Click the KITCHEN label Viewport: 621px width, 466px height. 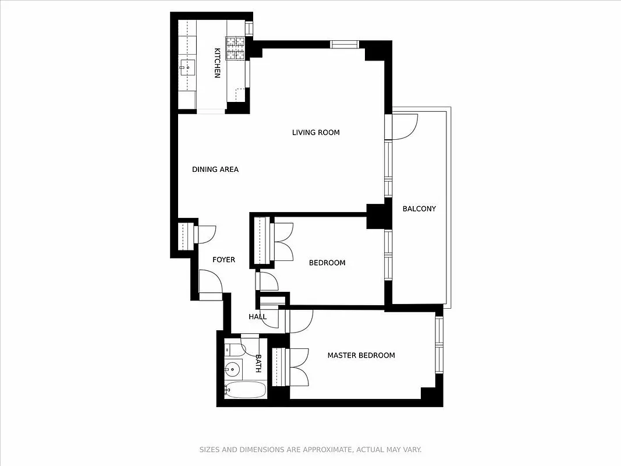click(217, 63)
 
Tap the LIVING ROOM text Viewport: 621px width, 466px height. click(315, 133)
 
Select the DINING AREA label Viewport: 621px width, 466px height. click(215, 170)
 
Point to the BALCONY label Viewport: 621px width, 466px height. click(419, 209)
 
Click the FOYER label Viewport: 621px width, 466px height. click(223, 259)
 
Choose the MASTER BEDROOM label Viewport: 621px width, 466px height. click(361, 355)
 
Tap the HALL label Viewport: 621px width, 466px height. click(257, 317)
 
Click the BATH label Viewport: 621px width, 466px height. click(258, 363)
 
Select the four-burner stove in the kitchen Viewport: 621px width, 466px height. click(236, 48)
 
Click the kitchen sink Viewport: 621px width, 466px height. click(186, 68)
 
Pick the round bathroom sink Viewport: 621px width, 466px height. click(233, 368)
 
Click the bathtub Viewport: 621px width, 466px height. click(245, 390)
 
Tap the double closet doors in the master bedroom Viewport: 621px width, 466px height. click(297, 366)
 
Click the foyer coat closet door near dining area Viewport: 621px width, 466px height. click(205, 234)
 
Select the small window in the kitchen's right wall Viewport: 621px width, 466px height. click(249, 28)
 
